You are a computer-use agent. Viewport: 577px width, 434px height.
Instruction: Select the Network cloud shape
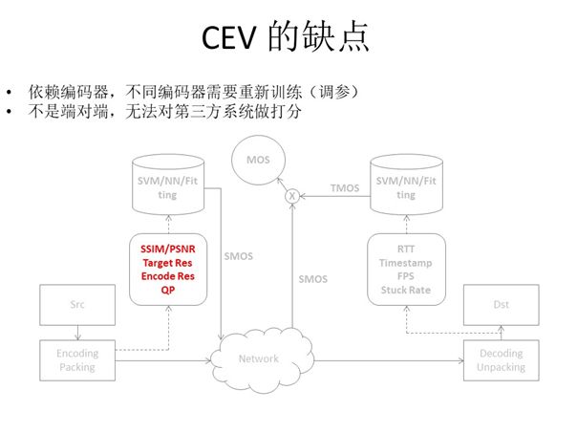pyautogui.click(x=259, y=358)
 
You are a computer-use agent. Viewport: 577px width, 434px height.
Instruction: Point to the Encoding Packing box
pyautogui.click(x=77, y=358)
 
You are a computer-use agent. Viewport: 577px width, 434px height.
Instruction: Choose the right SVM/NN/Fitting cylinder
pyautogui.click(x=407, y=184)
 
